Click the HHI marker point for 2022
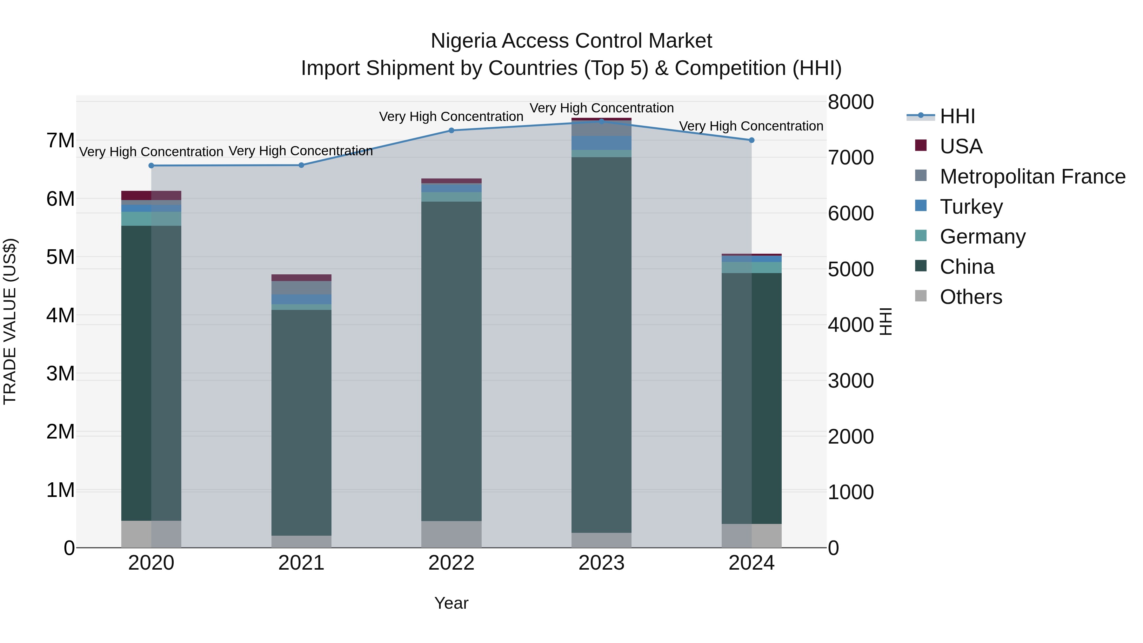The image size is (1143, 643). [451, 131]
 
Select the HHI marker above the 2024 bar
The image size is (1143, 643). [751, 140]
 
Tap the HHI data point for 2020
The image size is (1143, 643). [151, 165]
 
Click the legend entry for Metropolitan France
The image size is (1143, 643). [1032, 177]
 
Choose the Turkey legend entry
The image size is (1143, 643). [971, 207]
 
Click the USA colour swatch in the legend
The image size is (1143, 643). [921, 145]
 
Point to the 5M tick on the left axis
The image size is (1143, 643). [60, 257]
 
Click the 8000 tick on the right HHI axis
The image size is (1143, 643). [851, 102]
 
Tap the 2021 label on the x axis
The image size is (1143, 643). [301, 563]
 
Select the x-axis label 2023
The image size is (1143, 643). [601, 563]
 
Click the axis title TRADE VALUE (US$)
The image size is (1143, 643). [10, 321]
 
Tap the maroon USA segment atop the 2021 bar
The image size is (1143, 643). [301, 278]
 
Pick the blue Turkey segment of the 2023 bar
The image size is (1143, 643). [601, 143]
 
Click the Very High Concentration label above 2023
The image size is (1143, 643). [601, 108]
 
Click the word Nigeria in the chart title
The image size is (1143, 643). [463, 41]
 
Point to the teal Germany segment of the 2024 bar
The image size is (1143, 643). [751, 268]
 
